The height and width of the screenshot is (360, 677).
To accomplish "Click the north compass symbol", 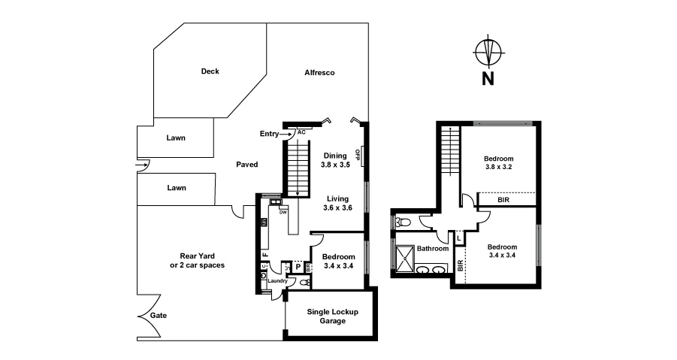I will click(488, 54).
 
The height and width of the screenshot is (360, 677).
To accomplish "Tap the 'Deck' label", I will click(210, 72).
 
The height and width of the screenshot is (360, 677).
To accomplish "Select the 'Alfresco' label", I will click(319, 73).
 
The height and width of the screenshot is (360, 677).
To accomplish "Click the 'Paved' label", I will click(247, 164).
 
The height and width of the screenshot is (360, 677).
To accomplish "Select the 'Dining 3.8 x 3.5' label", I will click(335, 159).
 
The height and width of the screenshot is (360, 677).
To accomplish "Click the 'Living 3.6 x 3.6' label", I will click(337, 203).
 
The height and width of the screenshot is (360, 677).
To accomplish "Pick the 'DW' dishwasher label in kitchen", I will click(283, 213).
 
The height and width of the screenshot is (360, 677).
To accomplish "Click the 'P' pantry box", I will click(298, 266).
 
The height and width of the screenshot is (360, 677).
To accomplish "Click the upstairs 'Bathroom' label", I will click(433, 249).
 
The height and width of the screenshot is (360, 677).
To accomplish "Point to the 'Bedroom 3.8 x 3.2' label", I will click(498, 163).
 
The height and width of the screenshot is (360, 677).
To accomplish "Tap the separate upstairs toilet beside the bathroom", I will click(402, 222).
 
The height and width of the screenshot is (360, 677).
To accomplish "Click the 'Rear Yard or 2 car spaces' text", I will click(197, 260).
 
